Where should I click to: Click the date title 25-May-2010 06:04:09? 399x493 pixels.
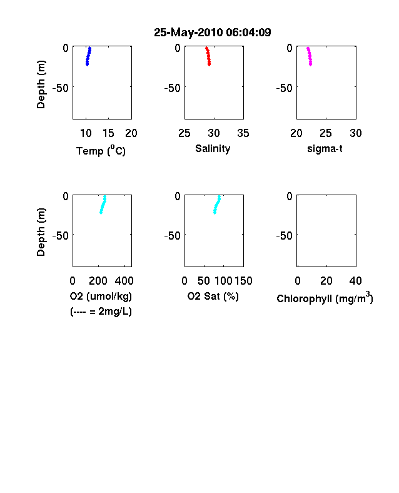click(x=213, y=33)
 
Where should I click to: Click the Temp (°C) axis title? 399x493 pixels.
click(x=101, y=151)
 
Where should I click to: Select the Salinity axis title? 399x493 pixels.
click(x=213, y=149)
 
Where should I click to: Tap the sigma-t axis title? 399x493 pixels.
click(x=325, y=148)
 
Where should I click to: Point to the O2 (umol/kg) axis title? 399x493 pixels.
click(x=101, y=296)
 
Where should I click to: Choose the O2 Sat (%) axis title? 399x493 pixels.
click(x=213, y=296)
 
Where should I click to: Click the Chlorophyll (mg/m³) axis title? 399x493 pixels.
click(x=325, y=297)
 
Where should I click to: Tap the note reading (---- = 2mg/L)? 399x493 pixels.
click(x=101, y=312)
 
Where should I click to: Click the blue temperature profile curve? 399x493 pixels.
click(x=88, y=56)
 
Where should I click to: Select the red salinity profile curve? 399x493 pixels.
click(x=208, y=56)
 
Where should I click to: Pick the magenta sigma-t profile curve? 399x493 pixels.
click(x=310, y=56)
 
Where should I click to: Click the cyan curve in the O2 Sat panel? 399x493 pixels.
click(x=217, y=205)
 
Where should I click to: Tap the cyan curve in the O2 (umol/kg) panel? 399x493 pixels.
click(x=103, y=205)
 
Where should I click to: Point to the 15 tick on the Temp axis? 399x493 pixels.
click(x=108, y=133)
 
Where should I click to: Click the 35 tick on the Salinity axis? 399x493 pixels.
click(x=243, y=133)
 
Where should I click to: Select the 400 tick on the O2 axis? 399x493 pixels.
click(x=124, y=281)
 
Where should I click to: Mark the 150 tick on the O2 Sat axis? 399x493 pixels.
click(x=243, y=281)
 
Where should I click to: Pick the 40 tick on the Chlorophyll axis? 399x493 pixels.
click(x=355, y=281)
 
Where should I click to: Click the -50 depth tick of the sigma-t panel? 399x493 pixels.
click(x=285, y=88)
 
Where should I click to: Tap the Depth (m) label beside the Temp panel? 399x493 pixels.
click(x=41, y=84)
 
